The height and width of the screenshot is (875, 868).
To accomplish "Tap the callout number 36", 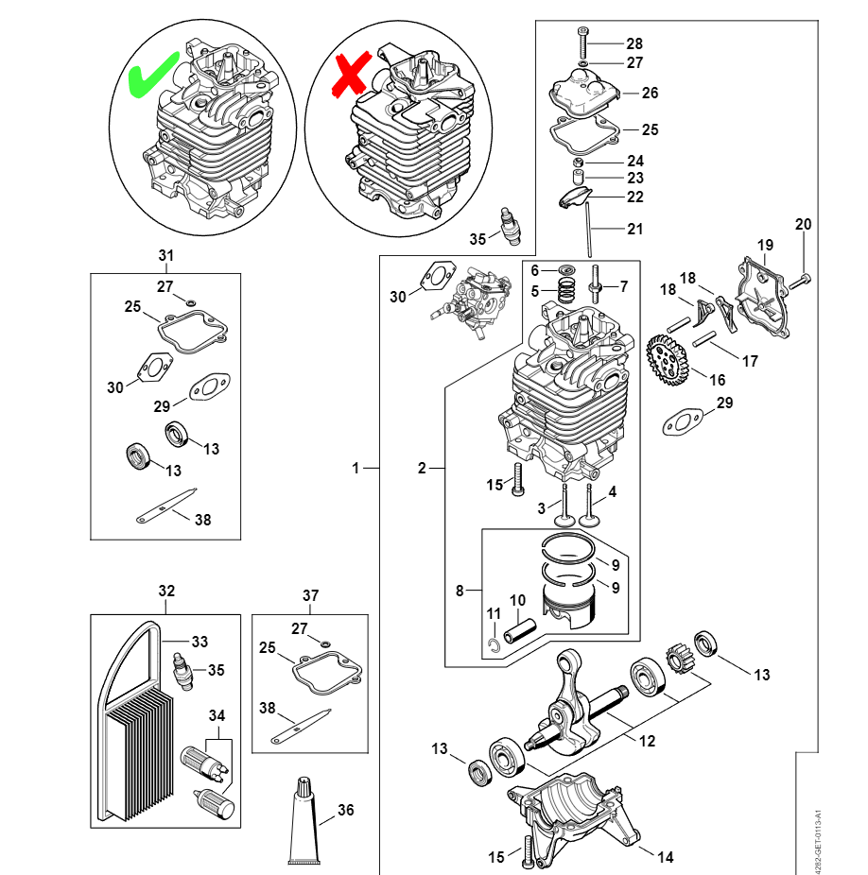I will (346, 810).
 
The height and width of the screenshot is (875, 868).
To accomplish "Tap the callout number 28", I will (634, 43).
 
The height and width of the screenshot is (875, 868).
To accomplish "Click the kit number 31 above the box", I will (166, 256).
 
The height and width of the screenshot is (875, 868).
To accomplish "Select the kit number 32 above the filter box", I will (166, 592).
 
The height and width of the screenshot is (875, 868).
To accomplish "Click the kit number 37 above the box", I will (311, 595).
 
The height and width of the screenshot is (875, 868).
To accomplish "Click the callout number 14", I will (666, 857).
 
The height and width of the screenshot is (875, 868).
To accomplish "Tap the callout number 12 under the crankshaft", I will (647, 741).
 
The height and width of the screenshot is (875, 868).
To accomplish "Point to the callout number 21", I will (634, 229).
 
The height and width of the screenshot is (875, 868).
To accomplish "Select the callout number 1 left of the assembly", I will (356, 467).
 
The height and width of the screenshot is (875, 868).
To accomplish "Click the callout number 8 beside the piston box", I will (460, 592).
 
